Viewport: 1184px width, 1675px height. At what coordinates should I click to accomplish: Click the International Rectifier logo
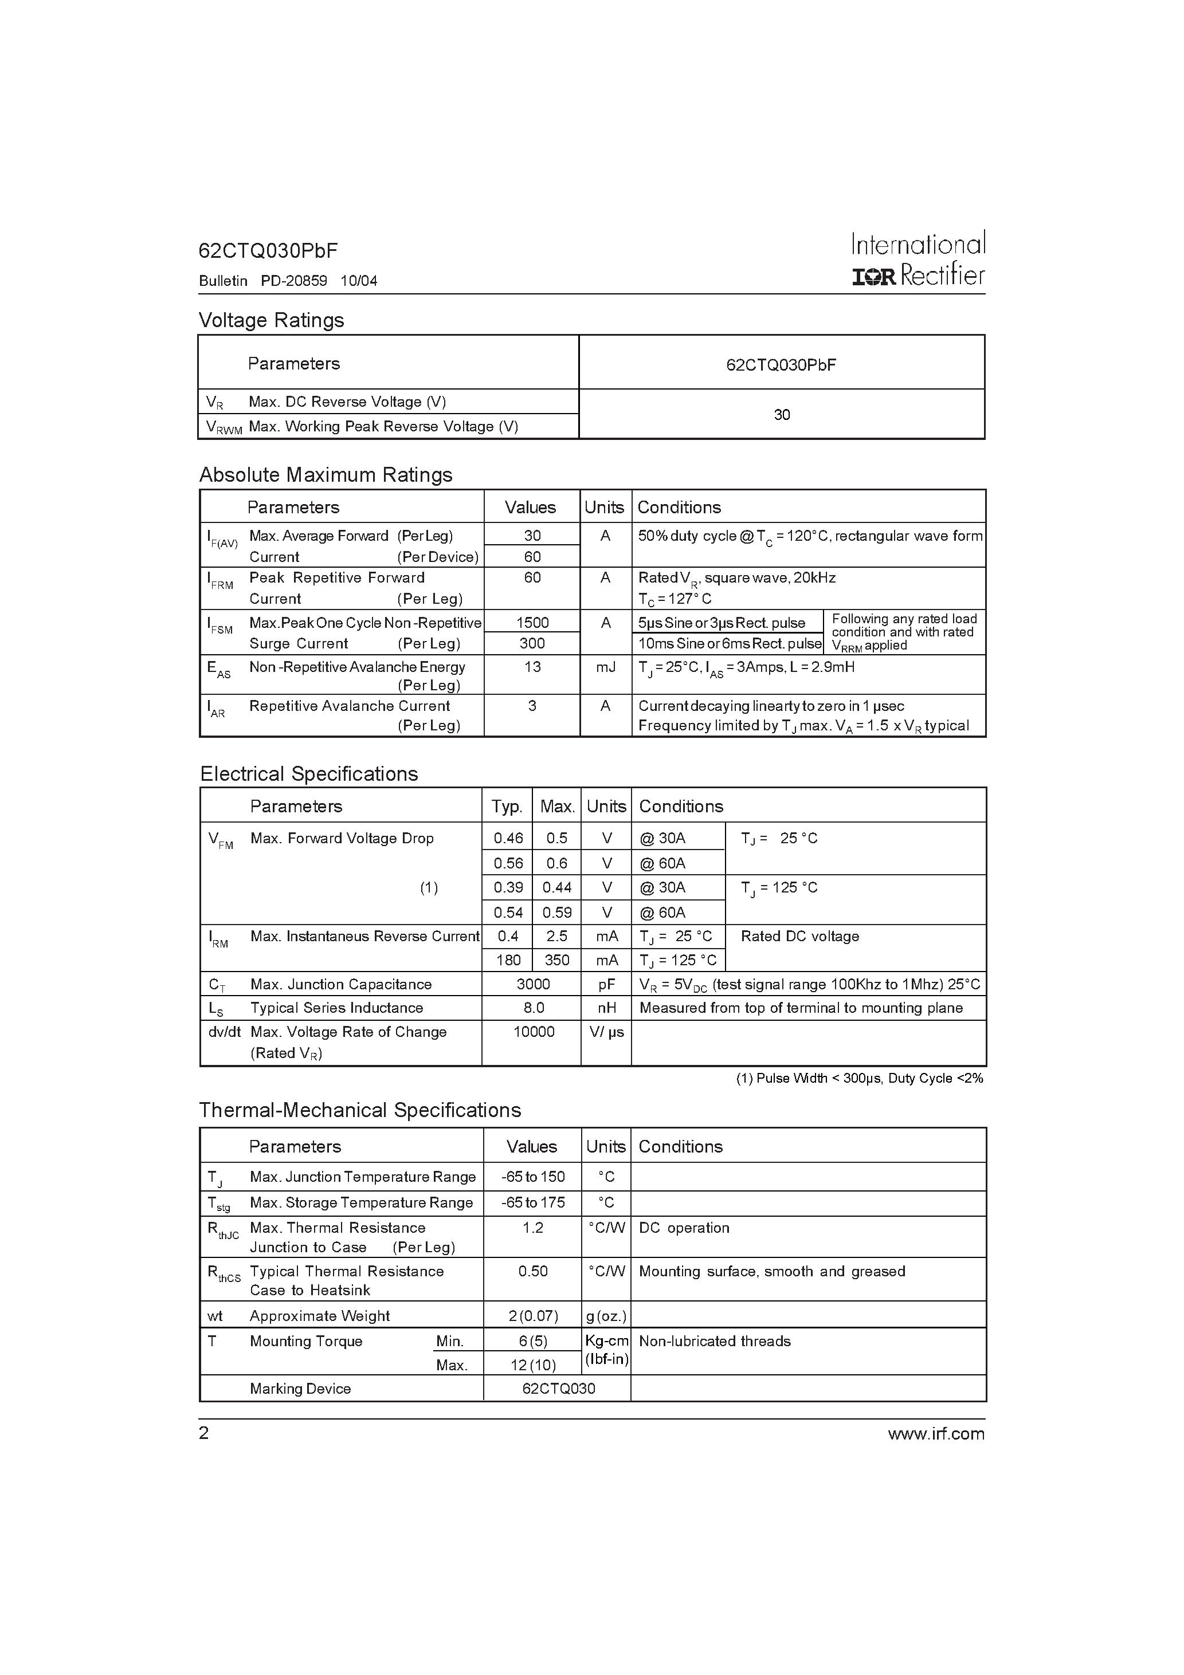918,259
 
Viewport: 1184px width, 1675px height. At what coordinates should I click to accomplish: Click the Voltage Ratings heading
271,320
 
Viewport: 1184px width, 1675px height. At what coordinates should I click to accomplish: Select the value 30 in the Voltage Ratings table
781,414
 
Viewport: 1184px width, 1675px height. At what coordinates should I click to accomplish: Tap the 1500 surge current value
532,622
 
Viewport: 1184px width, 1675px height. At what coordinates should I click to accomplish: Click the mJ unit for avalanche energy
605,667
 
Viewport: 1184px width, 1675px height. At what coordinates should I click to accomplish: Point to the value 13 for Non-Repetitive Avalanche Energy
532,667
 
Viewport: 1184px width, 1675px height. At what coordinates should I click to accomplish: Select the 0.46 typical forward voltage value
508,838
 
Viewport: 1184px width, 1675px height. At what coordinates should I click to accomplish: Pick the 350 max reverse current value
556,960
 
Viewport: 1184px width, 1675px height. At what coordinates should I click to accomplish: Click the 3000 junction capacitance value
533,984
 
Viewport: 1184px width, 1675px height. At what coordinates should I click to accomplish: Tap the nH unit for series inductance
606,1008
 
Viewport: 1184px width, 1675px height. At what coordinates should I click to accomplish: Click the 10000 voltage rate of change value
534,1032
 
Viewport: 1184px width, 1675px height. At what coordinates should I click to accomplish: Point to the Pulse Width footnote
859,1078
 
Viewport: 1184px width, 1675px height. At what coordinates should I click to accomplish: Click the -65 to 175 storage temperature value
533,1202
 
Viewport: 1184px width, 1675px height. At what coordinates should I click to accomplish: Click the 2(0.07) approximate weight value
533,1315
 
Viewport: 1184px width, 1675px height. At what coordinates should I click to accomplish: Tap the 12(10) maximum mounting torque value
533,1365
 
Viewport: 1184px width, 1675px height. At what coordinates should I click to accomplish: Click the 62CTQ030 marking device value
558,1389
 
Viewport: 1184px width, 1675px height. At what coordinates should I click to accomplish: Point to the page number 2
203,1433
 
